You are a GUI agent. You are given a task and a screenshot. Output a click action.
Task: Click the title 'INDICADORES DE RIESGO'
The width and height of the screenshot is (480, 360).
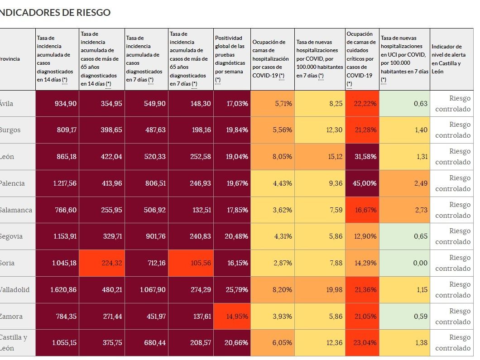pos(55,13)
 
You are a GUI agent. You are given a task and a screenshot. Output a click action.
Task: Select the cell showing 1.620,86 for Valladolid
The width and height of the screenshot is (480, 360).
pos(57,290)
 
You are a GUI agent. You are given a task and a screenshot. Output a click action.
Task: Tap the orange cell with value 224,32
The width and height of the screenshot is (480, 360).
pos(102,263)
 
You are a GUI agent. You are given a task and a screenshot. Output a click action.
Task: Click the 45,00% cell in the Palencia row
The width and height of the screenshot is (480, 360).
pos(362,183)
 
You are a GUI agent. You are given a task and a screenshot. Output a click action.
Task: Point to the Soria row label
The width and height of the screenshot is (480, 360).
pos(7,263)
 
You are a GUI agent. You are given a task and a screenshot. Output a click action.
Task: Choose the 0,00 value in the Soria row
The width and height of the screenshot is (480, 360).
pos(404,263)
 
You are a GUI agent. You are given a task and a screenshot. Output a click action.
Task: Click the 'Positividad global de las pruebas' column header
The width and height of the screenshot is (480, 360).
pos(232,59)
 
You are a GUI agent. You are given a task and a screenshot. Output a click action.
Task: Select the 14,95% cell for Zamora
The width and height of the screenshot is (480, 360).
pos(232,317)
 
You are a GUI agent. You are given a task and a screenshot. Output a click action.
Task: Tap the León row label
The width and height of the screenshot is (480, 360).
pos(7,157)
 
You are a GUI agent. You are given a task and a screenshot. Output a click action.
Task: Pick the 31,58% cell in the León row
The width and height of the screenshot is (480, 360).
pos(362,157)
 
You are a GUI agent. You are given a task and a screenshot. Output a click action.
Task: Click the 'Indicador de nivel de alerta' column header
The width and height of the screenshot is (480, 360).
pos(451,59)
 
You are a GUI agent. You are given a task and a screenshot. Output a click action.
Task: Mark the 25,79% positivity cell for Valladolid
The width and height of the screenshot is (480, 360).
pos(232,290)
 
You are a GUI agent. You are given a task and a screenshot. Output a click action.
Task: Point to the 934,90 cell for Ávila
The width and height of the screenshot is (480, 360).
pos(57,103)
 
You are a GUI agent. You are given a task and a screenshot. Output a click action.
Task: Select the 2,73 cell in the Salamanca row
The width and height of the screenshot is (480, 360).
pos(404,210)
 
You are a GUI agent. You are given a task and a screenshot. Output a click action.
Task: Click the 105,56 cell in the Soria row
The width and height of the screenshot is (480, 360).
pos(191,263)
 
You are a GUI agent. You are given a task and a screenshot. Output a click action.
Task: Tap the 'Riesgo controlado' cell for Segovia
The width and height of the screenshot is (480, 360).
pos(451,237)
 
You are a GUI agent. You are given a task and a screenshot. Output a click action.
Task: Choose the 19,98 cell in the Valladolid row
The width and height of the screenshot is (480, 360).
pos(320,290)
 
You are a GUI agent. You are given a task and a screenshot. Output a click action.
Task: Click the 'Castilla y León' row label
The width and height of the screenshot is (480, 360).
pos(14,343)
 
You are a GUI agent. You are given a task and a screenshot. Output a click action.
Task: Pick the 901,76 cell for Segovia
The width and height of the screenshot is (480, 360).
pos(146,237)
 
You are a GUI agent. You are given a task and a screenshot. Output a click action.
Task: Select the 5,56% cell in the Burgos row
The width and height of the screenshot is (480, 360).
pos(273,130)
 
